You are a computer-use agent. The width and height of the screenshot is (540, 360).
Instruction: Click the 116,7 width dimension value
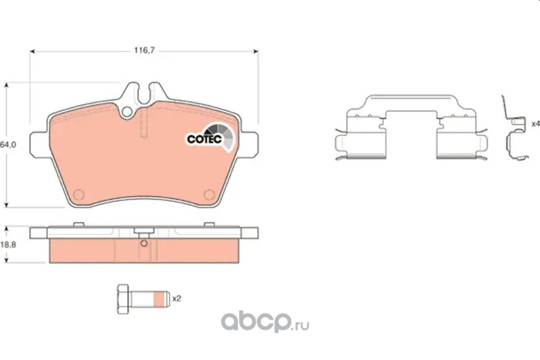pyautogui.click(x=144, y=51)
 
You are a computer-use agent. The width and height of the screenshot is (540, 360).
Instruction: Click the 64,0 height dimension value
pyautogui.click(x=8, y=144)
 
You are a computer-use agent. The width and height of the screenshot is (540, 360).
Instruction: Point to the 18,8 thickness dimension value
pyautogui.click(x=8, y=245)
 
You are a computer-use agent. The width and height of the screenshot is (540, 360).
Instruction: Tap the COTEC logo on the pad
pyautogui.click(x=210, y=137)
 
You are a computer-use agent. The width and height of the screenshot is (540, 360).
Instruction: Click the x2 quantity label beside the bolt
pyautogui.click(x=177, y=298)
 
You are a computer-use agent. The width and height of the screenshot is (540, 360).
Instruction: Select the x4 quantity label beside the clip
pyautogui.click(x=535, y=124)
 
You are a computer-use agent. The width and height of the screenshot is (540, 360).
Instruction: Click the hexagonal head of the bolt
pyautogui.click(x=123, y=299)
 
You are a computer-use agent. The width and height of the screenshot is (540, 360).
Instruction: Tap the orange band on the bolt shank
pyautogui.click(x=158, y=299)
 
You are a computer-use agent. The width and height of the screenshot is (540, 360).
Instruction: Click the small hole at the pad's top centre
pyautogui.click(x=127, y=111)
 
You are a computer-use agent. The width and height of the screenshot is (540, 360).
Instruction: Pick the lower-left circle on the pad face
pyautogui.click(x=79, y=195)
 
